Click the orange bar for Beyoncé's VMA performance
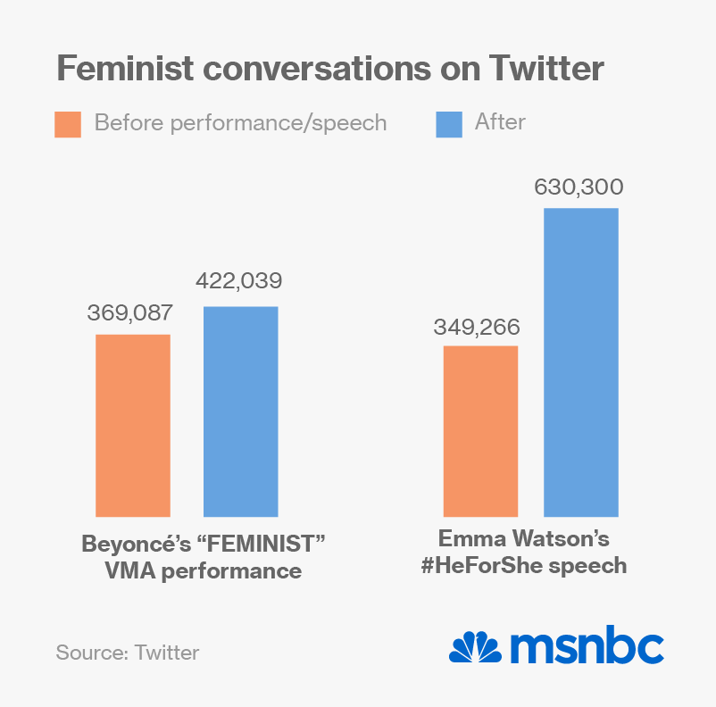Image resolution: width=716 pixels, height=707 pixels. (133, 425)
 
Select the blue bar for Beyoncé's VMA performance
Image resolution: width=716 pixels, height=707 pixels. (240, 412)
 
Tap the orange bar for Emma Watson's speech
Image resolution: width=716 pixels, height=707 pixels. (480, 431)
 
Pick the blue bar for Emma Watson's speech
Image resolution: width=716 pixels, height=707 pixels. (580, 362)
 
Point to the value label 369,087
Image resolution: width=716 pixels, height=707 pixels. (129, 313)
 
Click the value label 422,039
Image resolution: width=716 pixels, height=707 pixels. (239, 282)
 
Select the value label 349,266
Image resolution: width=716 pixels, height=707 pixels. (477, 327)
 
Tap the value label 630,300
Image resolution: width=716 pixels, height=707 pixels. (579, 187)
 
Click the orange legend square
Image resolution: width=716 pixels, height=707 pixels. (68, 124)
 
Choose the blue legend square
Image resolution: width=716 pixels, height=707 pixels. (449, 124)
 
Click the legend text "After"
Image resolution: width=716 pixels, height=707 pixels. (500, 122)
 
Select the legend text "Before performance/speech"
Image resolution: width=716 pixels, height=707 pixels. (240, 123)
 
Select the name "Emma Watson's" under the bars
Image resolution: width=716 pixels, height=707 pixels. (523, 539)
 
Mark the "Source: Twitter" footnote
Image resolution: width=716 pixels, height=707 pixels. (128, 652)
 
